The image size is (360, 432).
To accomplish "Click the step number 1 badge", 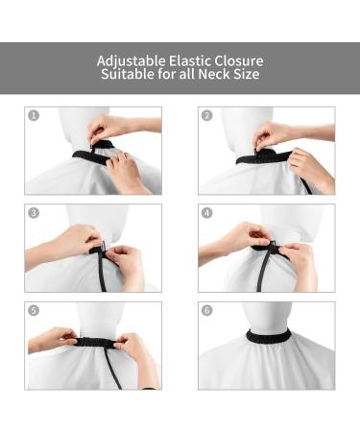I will [x=35, y=115].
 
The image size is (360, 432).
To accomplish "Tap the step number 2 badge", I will [x=207, y=115].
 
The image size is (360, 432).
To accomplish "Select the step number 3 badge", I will [x=35, y=213].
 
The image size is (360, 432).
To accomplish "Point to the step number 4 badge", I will [x=207, y=213].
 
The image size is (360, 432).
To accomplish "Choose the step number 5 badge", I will [x=35, y=311].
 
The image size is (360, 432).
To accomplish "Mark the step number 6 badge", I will [x=207, y=311].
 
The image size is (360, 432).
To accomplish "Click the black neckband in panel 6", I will [x=268, y=336].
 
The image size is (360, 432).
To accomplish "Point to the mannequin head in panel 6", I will [x=268, y=315].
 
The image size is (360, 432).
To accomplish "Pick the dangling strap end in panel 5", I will [x=113, y=370].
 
